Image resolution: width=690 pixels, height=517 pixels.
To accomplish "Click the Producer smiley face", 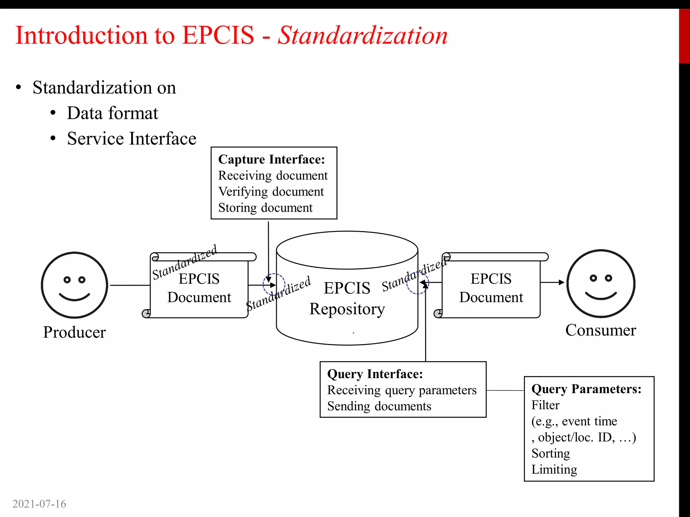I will (x=74, y=285).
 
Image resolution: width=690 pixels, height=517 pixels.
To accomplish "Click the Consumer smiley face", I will (x=601, y=283).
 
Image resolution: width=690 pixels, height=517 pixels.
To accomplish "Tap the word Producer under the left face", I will (x=74, y=332).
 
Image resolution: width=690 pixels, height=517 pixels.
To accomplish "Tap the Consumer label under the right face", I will (x=601, y=330).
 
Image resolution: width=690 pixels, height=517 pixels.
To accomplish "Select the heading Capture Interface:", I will (x=272, y=160).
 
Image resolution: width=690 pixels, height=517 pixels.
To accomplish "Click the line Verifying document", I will (x=271, y=192).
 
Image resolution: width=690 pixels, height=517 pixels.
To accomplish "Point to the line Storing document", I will (x=265, y=208).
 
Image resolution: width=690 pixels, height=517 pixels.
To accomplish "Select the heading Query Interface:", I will (x=375, y=374).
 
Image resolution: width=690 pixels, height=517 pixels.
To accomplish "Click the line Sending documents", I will (x=379, y=406).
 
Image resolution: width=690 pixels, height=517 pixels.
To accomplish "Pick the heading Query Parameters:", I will (x=586, y=389).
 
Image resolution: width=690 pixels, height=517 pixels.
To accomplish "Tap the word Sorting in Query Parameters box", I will (x=551, y=453).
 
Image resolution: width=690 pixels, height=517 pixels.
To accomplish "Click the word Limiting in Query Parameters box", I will (x=554, y=470).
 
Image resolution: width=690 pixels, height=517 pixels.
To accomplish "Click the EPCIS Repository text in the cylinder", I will (x=347, y=299).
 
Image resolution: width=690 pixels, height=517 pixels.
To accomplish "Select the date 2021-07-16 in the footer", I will (x=39, y=504).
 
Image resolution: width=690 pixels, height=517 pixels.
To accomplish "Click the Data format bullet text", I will (x=112, y=113).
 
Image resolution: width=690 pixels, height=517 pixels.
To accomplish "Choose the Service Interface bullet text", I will (x=131, y=139).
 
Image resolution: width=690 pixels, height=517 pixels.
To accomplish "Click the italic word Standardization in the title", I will (x=363, y=35).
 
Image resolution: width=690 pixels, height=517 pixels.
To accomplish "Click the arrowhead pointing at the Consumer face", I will (x=561, y=282).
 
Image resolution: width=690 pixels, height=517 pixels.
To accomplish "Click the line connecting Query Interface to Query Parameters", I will (x=505, y=390).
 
